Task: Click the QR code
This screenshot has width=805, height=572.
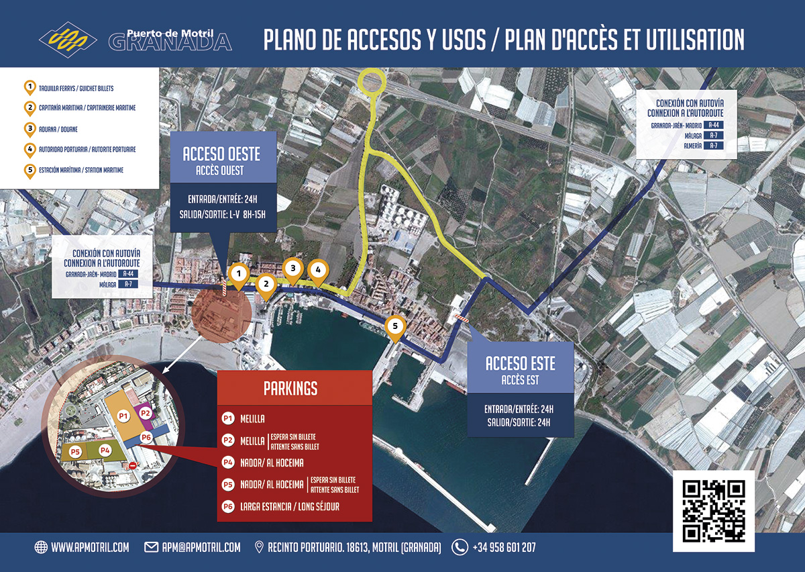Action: coord(714,511)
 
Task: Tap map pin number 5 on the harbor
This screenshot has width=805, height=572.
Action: coord(395,327)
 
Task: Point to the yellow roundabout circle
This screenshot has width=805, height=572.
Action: coord(370,82)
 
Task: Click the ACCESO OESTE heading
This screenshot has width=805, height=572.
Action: coord(221,154)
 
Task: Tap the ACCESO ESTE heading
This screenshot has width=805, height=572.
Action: coord(521,364)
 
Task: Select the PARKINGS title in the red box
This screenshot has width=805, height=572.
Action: coord(290,388)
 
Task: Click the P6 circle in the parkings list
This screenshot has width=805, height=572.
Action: coord(227,507)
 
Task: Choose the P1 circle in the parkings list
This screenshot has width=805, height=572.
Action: coord(227,419)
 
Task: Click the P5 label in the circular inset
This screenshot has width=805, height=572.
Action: coord(75,451)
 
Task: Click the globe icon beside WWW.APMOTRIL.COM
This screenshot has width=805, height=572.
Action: coord(41,547)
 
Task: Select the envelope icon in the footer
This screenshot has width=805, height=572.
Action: coord(151,547)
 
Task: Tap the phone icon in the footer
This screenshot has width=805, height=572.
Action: coord(460,547)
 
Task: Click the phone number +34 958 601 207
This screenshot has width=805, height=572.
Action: coord(504,547)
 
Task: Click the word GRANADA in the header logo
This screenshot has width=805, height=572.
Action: coord(170,42)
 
